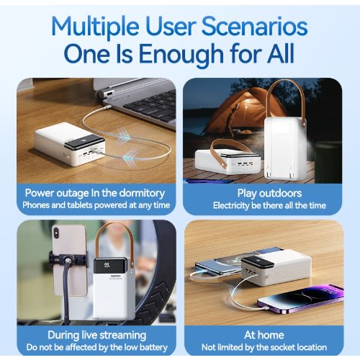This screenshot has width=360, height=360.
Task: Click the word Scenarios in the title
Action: pos(254,27)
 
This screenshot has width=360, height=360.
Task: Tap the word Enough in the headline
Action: pos(181,55)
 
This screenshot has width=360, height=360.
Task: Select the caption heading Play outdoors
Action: pos(269,193)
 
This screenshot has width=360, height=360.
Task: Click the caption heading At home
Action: pos(264,335)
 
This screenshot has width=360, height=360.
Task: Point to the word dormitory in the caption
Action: pos(142,194)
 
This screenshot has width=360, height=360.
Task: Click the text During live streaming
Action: pos(96,336)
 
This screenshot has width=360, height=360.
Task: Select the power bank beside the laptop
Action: pos(70,144)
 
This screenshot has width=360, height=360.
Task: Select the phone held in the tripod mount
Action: pos(70,261)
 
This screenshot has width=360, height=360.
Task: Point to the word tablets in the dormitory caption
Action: pos(80,205)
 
